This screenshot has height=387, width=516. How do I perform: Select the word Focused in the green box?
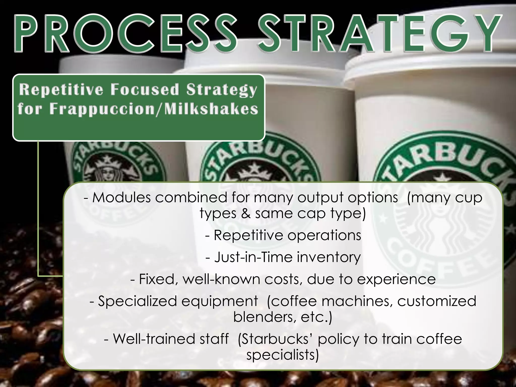tap(145, 90)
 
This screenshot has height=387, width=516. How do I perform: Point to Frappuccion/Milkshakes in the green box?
tap(154, 109)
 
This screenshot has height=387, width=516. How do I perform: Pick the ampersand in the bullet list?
tap(246, 214)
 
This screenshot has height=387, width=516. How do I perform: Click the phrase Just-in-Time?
tap(253, 257)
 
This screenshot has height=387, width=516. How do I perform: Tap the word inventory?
tap(329, 257)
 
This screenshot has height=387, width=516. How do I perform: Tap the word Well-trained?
tap(154, 339)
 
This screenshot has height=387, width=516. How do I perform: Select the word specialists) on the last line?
tap(282, 355)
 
